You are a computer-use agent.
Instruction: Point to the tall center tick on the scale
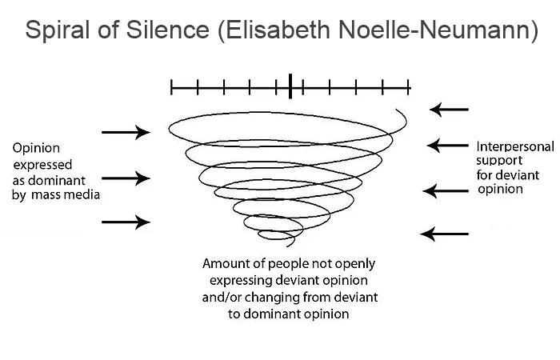(290, 85)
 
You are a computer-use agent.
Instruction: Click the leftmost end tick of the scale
(171, 86)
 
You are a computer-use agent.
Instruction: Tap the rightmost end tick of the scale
(410, 86)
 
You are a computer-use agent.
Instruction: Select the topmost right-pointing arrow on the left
(126, 132)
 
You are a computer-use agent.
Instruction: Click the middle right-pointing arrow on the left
(126, 178)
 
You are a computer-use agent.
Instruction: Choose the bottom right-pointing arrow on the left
(126, 222)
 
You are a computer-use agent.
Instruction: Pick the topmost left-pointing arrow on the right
(449, 108)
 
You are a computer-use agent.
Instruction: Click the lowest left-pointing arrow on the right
(445, 234)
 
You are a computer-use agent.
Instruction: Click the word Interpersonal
(514, 147)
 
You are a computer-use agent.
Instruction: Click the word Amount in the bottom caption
(227, 263)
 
